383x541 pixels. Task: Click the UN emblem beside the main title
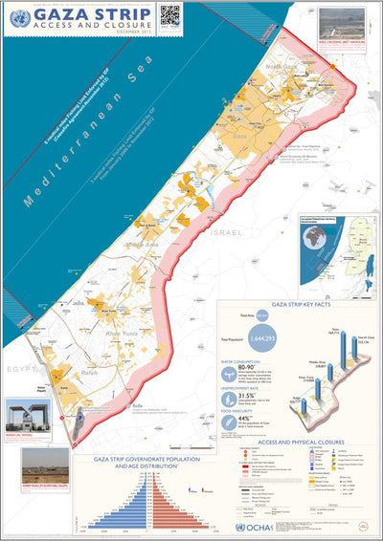[x=19, y=17]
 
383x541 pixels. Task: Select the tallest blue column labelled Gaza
[x=340, y=361]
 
